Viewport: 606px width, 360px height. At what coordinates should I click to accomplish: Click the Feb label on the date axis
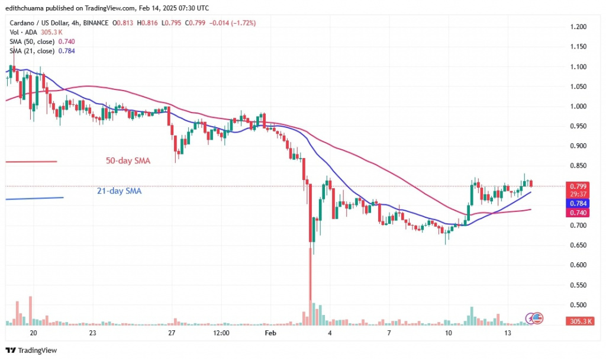[x=270, y=333]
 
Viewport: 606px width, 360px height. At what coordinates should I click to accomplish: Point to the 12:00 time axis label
[x=221, y=333]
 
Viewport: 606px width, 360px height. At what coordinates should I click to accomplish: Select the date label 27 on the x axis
[x=172, y=333]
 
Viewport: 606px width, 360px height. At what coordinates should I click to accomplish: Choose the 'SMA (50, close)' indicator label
[x=32, y=42]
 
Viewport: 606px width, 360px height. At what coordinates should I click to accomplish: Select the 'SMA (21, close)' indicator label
[x=32, y=50]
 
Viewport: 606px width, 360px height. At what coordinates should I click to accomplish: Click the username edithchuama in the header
[x=28, y=8]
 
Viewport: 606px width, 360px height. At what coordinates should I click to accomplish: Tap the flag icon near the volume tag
[x=537, y=318]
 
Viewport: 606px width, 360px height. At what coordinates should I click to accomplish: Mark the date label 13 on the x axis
[x=508, y=333]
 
